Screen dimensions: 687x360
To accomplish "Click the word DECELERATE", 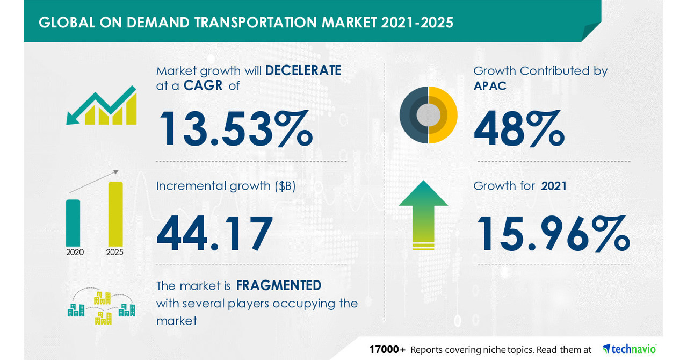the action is pos(303,70).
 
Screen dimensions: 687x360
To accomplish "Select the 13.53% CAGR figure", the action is pos(236,128).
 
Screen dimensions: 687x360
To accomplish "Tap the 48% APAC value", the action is pos(519,128).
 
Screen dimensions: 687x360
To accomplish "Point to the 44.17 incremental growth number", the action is pos(214,233).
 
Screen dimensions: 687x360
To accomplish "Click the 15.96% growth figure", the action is pos(553,233).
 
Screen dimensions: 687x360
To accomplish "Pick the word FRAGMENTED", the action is pos(278,285).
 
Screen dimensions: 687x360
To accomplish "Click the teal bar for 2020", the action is pos(73,223).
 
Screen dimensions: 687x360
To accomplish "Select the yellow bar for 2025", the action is pos(115,214).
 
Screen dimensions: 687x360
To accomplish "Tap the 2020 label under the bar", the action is pos(75,253).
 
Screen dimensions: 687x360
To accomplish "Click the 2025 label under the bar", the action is pos(115,253).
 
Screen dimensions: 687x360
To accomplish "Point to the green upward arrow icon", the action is pos(423,215).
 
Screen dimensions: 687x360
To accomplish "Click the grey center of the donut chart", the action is pos(429,115).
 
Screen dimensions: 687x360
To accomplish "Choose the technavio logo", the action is pos(630,349).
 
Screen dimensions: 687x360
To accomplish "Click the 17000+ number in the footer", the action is pos(387,350).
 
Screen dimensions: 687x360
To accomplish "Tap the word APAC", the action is pos(490,87).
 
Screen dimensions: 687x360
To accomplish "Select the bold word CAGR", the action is pos(203,85).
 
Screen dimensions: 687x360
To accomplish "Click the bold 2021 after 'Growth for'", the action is pos(554,186).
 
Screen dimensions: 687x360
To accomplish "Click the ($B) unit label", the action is pos(285,186).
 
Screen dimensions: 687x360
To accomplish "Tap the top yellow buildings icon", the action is pos(103,298).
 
